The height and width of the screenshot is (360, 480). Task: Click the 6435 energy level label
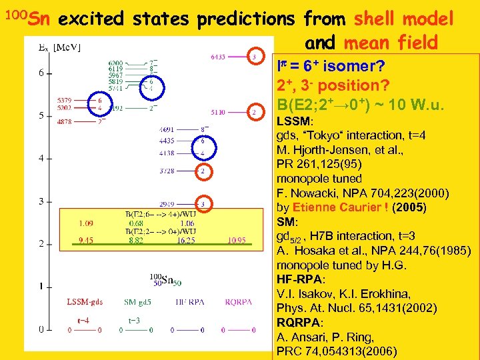217,57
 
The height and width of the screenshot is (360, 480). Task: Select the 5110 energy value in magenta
217,112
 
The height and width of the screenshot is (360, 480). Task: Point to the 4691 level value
167,129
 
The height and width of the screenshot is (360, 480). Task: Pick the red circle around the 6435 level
254,57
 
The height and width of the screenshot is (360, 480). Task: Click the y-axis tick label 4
41,159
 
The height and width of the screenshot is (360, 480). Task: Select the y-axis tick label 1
41,286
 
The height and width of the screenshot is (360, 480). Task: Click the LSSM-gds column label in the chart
84,302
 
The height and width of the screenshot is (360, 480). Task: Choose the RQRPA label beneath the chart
239,302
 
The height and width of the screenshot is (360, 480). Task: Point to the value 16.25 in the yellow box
187,240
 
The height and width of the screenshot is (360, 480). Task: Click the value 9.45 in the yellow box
86,240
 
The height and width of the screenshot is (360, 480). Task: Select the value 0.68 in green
136,223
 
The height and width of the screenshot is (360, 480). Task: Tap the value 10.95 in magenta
237,240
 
